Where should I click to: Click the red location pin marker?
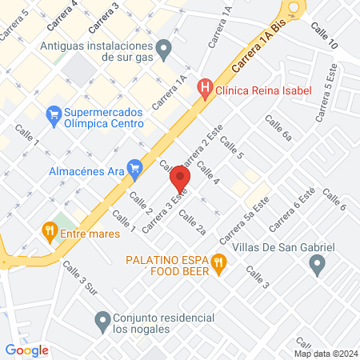coord(181,181)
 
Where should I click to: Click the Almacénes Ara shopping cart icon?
coord(134,169)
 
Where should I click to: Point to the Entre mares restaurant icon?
coord(50,233)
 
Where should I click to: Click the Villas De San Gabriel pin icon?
coord(318,265)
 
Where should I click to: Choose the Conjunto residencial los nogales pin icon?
coord(102,322)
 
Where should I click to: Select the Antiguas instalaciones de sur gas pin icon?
coord(164,51)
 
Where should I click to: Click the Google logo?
coord(27,349)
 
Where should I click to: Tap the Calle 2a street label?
coord(192,223)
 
